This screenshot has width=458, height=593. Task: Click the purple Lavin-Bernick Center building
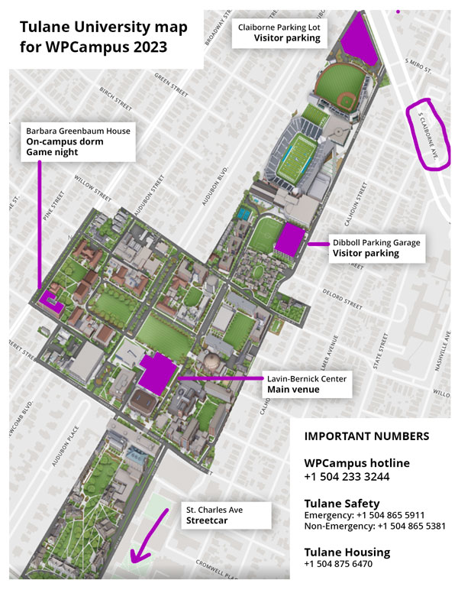[158, 373]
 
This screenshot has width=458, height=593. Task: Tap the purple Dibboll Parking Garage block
[289, 239]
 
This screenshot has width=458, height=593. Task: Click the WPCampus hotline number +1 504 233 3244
[347, 477]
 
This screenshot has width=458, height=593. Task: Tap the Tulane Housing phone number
[339, 564]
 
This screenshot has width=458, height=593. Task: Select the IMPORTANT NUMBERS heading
[366, 437]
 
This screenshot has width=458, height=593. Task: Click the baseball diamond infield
[346, 100]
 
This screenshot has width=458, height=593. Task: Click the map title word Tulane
[47, 28]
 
